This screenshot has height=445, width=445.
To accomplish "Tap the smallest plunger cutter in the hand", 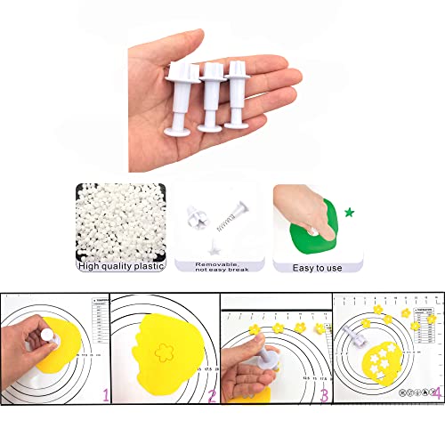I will click(237, 94).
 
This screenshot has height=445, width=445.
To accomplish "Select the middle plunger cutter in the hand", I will click(210, 97).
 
